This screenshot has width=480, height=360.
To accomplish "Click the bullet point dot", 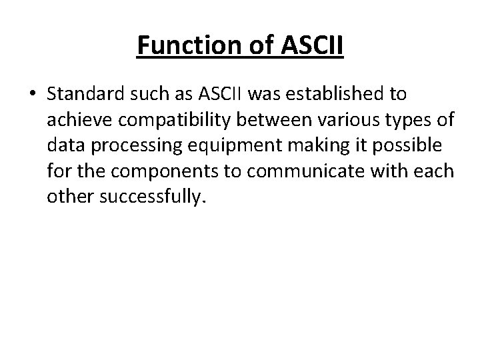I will [32, 95].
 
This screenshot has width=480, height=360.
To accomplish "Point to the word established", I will [326, 95].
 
